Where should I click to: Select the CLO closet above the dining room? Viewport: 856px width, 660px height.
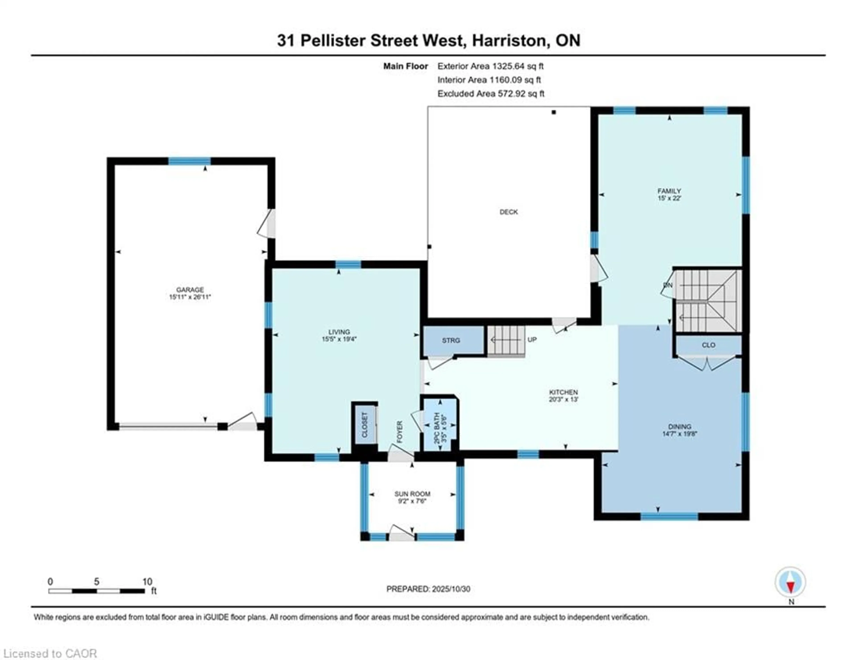click(708, 345)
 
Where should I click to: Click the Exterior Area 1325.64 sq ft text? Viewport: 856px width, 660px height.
click(490, 66)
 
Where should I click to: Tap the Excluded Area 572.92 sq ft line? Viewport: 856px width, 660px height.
click(491, 94)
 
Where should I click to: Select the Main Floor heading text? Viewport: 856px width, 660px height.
click(405, 66)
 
